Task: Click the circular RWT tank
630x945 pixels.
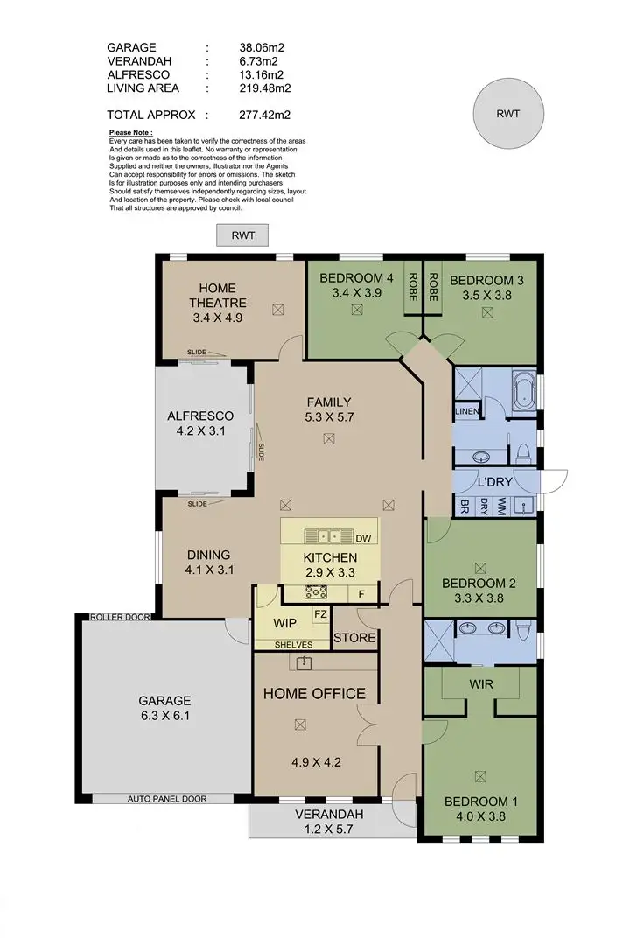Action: (507, 113)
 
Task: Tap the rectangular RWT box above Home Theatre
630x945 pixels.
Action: (242, 234)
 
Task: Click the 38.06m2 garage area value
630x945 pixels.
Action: (262, 48)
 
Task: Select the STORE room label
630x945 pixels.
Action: (354, 638)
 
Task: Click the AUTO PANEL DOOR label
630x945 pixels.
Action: (163, 799)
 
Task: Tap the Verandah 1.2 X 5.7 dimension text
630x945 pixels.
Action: (332, 822)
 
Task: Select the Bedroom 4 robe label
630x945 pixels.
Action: (411, 287)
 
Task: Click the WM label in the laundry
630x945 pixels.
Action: (500, 505)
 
